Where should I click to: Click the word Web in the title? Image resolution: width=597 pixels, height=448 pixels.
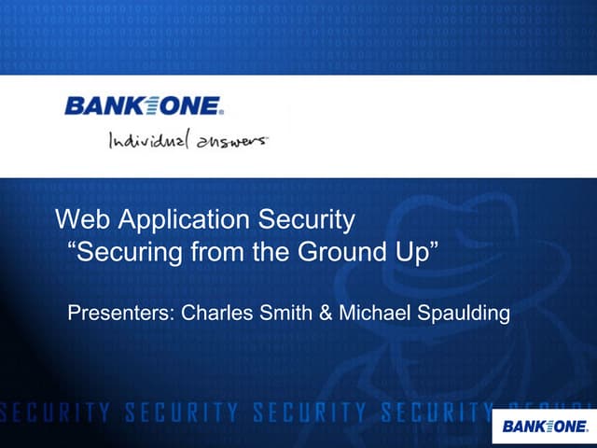(78, 221)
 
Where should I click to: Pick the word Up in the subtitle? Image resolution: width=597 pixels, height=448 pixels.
(416, 253)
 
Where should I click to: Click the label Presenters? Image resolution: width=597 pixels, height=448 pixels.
(122, 312)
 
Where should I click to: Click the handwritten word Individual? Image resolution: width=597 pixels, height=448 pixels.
(149, 141)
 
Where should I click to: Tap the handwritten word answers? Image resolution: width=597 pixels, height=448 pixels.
(230, 142)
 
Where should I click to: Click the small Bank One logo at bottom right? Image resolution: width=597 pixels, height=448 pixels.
(545, 427)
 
